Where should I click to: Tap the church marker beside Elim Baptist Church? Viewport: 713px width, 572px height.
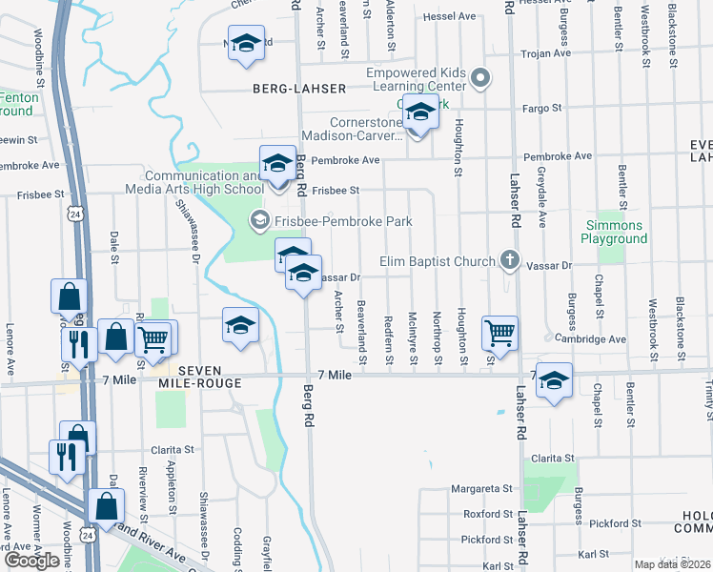(510, 261)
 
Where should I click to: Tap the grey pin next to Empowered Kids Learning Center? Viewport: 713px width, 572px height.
(481, 77)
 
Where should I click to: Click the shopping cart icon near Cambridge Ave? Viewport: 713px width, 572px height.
(499, 334)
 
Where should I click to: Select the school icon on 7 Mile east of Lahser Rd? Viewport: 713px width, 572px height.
(554, 381)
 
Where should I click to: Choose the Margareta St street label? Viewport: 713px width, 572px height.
(481, 489)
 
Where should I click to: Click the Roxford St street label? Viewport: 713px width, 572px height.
(488, 514)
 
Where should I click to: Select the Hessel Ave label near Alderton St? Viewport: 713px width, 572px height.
(450, 16)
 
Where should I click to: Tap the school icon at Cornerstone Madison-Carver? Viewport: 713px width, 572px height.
(418, 113)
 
